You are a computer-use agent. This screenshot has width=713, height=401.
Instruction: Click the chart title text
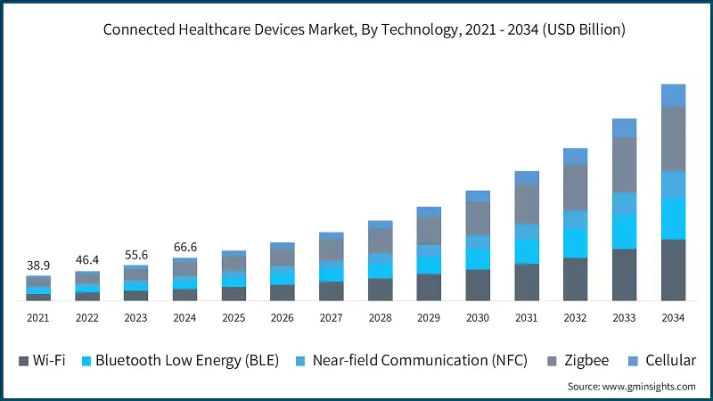pos(364,29)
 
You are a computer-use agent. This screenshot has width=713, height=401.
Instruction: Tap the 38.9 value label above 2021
pos(38,266)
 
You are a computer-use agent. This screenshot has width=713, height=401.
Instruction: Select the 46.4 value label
pos(87,260)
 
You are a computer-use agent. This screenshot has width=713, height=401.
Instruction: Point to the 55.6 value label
pos(135,255)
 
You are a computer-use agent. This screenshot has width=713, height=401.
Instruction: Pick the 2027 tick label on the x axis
pos(331,317)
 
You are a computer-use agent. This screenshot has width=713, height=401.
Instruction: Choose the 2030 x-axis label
pos(478,317)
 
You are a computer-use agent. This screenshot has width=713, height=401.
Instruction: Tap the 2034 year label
pos(673,317)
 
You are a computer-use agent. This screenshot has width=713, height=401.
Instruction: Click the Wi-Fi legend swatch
pos(23,361)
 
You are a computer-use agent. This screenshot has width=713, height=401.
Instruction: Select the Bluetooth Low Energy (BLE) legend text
pos(187,361)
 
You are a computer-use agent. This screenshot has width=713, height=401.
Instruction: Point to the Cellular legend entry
pos(665,361)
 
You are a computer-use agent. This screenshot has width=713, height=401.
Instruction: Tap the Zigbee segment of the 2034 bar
pos(673,138)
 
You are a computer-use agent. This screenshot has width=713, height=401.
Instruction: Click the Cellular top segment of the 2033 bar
pos(624,127)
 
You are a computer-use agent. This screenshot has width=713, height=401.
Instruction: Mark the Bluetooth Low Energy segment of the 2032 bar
pos(576,242)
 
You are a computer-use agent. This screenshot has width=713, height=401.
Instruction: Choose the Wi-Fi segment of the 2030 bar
pos(478,284)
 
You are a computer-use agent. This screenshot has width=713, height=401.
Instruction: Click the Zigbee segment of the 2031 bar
pos(527,203)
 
